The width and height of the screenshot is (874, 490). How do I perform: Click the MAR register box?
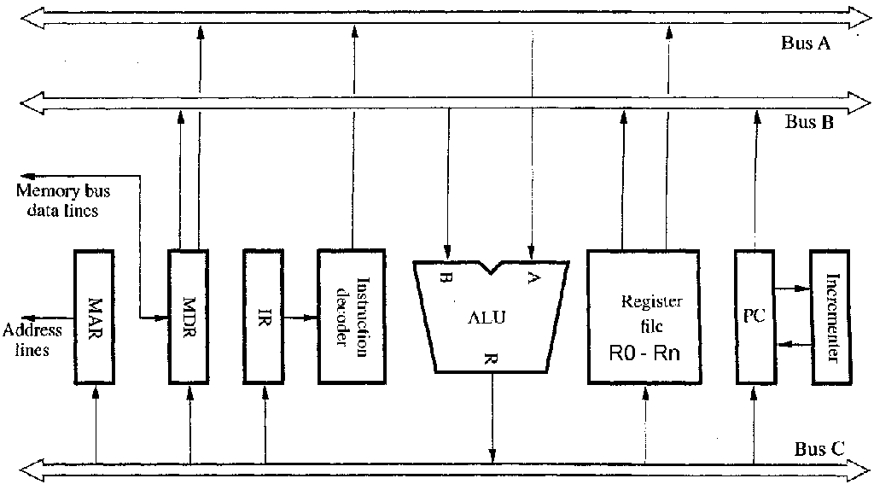coord(94,317)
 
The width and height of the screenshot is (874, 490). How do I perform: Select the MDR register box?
coord(189,317)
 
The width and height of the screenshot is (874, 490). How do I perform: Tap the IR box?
coord(264,317)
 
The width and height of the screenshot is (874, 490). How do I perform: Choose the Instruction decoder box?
coord(352,317)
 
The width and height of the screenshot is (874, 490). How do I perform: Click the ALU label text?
coord(487,318)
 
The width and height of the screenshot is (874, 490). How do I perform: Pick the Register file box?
coord(644,317)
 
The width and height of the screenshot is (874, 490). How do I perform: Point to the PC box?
coord(755,317)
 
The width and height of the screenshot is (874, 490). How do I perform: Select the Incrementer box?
coord(830,317)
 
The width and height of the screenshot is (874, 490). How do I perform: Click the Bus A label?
coord(806,43)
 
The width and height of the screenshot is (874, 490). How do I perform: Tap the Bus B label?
coord(809,121)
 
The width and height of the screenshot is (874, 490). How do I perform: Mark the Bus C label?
coord(819,448)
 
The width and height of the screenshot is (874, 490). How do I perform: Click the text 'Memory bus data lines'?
coord(63,201)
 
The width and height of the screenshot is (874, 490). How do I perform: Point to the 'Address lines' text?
coord(32,340)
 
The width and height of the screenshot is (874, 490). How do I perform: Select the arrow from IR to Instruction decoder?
coord(300,318)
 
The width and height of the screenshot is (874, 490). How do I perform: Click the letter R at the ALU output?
coord(489,360)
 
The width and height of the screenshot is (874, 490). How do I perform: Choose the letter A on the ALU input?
coord(533,277)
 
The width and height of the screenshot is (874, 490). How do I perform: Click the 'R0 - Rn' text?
coord(644,353)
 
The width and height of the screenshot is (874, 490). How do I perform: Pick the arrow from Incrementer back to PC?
coord(793,345)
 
